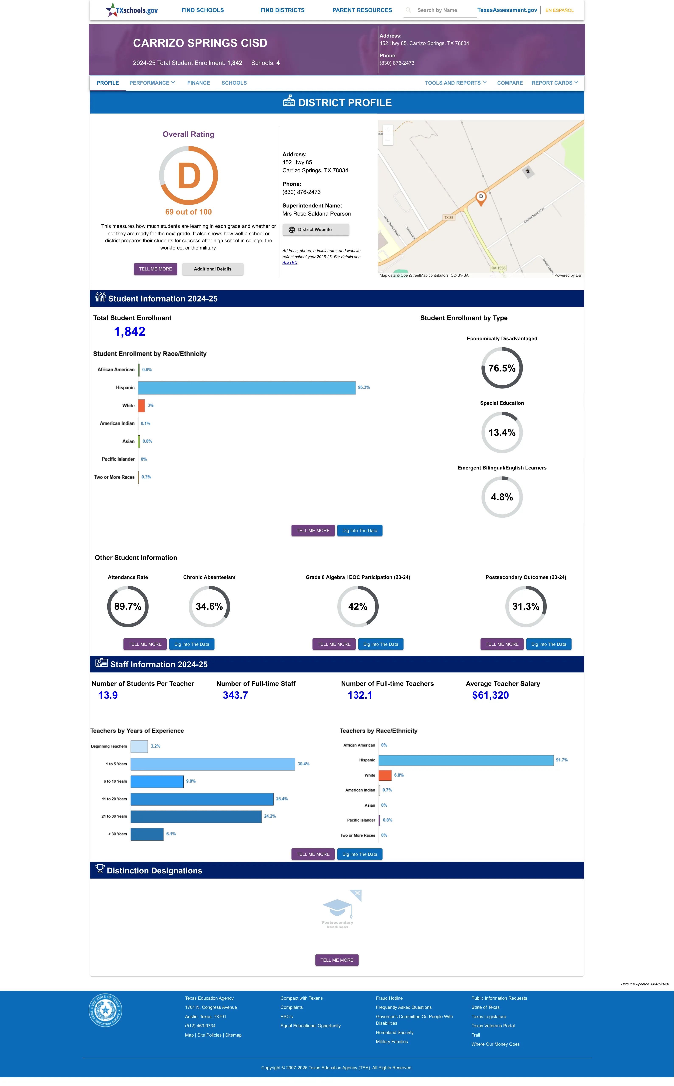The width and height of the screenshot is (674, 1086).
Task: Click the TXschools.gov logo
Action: pyautogui.click(x=132, y=10)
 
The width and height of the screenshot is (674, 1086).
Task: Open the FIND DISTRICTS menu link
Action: pyautogui.click(x=283, y=10)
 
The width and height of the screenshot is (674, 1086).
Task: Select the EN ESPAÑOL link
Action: pyautogui.click(x=559, y=10)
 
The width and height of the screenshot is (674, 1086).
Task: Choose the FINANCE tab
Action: pyautogui.click(x=198, y=83)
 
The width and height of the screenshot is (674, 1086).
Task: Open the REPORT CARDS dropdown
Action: pyautogui.click(x=555, y=83)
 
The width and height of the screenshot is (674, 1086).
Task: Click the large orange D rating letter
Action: pyautogui.click(x=189, y=176)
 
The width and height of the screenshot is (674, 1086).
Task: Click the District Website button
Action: pyautogui.click(x=316, y=230)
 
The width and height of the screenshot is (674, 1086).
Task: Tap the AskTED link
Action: pyautogui.click(x=290, y=262)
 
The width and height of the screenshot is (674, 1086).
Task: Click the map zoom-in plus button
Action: pyautogui.click(x=388, y=130)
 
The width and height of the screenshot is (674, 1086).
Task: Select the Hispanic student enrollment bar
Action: pyautogui.click(x=247, y=388)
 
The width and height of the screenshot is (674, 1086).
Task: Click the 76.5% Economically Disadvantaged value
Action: pyautogui.click(x=502, y=368)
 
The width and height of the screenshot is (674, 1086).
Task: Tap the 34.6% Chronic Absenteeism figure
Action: pyautogui.click(x=209, y=607)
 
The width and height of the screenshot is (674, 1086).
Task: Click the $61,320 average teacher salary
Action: pyautogui.click(x=490, y=695)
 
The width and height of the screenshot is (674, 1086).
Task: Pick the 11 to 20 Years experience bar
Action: pyautogui.click(x=202, y=799)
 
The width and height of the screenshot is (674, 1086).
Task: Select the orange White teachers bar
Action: pyautogui.click(x=385, y=775)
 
